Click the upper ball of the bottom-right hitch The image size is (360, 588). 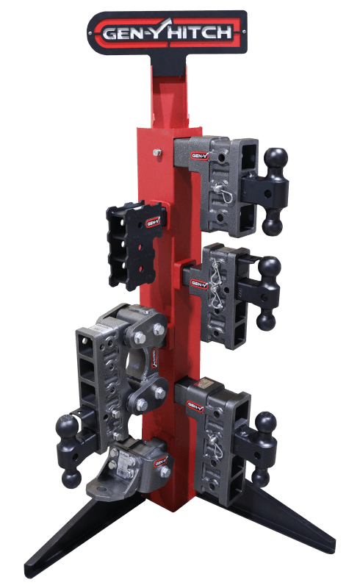265,423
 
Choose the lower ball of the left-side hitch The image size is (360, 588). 71,478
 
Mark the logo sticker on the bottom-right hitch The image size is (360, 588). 195,405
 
